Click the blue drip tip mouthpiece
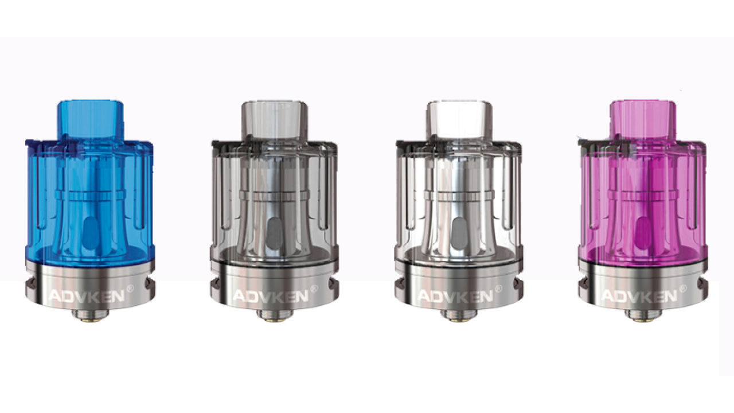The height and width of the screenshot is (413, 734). click(91, 120)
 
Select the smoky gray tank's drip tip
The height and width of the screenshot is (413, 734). click(275, 120)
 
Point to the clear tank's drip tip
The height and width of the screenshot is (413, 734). click(459, 120)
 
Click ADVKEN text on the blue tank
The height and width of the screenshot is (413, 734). click(87, 297)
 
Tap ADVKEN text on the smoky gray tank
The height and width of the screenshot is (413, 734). click(271, 297)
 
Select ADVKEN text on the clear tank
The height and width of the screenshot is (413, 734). click(455, 297)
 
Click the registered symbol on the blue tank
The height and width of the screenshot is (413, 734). click(130, 289)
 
